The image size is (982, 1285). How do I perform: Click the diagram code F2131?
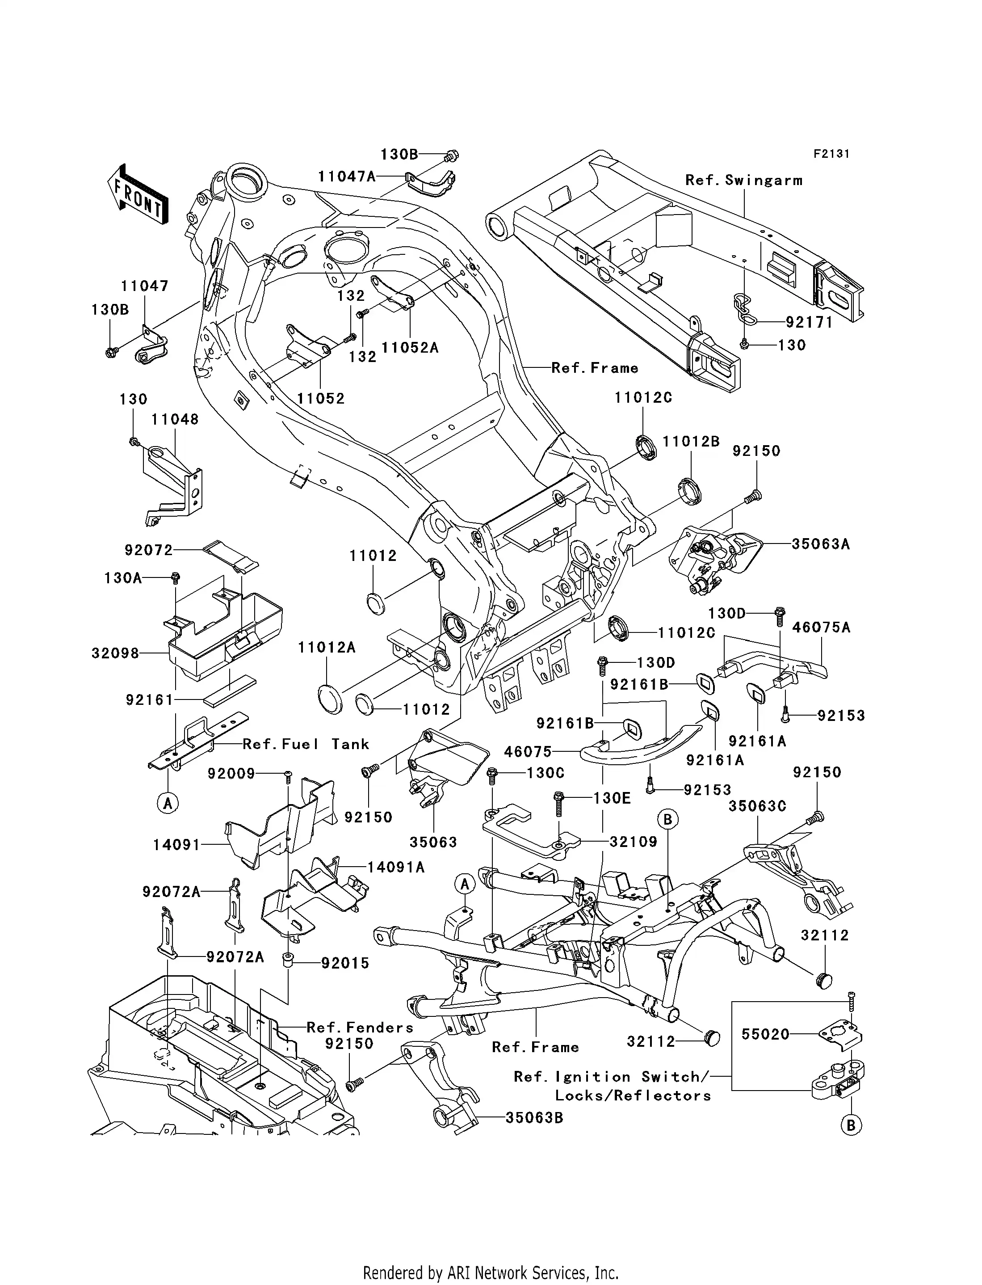coord(831,154)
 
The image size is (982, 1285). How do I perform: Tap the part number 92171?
coord(809,322)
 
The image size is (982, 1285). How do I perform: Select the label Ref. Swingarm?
coord(743,180)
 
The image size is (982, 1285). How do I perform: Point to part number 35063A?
coord(821,543)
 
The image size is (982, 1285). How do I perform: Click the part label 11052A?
coord(410,347)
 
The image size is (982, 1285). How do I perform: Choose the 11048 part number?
coord(175,419)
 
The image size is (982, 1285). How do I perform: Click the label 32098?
coord(115,653)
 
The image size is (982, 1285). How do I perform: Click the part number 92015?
coord(345,963)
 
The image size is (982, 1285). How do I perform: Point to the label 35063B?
coord(534,1117)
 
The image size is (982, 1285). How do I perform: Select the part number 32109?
coord(633,842)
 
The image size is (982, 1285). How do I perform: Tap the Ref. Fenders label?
coord(360,1027)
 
